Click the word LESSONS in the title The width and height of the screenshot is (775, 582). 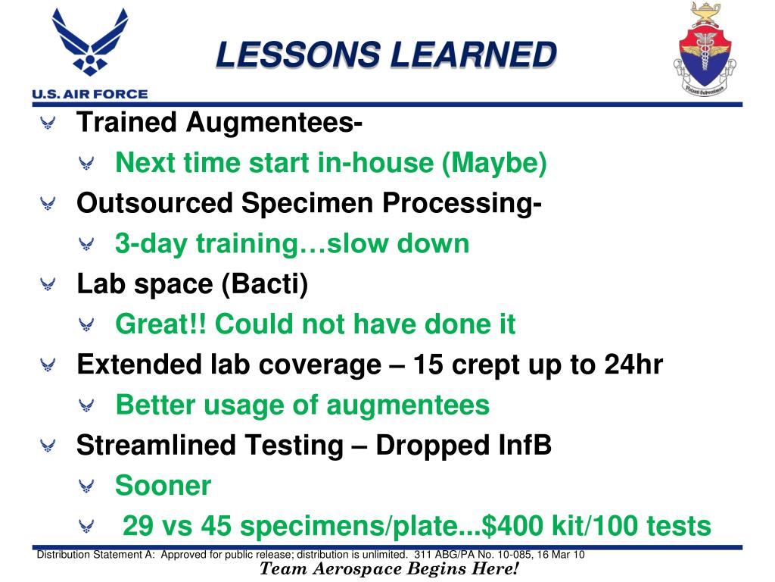click(298, 54)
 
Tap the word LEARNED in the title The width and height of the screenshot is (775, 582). click(474, 54)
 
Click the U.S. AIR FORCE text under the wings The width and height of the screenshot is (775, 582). click(90, 94)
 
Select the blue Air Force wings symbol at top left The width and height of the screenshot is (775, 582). click(90, 42)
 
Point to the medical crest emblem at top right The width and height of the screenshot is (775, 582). click(705, 49)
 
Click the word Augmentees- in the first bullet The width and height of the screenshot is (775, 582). click(274, 122)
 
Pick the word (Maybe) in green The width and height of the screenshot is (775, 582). click(494, 163)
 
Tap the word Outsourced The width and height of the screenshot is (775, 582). click(154, 203)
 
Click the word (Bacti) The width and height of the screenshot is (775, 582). click(264, 285)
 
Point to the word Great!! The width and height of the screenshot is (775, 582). click(160, 324)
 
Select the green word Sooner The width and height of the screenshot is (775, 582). click(163, 486)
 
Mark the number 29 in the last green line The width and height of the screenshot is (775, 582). click(138, 526)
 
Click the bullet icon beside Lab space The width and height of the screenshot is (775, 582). click(48, 284)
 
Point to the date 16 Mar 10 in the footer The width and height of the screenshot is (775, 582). click(561, 554)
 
